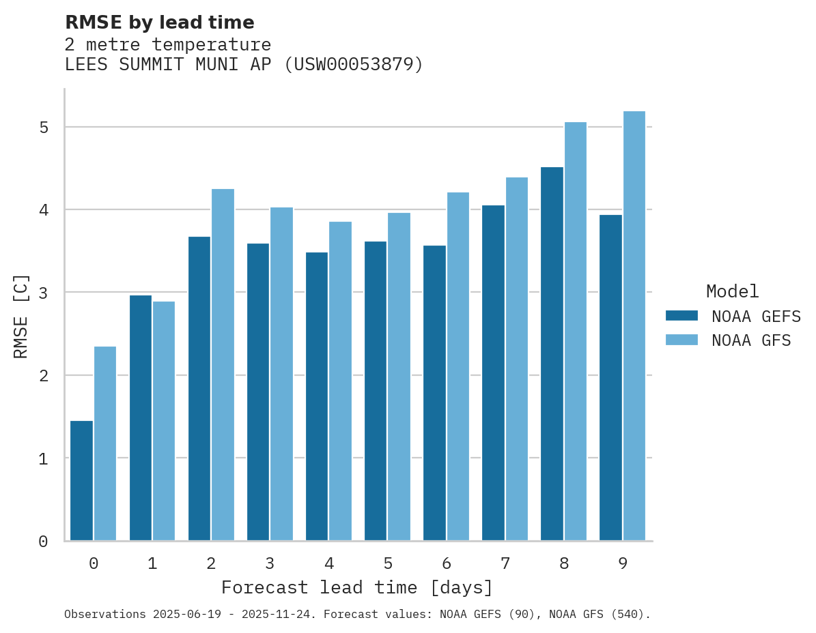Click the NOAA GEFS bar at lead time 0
pyautogui.click(x=81, y=480)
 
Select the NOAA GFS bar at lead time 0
pyautogui.click(x=105, y=443)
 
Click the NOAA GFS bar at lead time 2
pyautogui.click(x=223, y=364)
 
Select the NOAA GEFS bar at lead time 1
pyautogui.click(x=140, y=417)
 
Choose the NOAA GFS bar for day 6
pyautogui.click(x=458, y=366)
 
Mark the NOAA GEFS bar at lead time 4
pyautogui.click(x=317, y=396)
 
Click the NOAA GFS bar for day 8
pyautogui.click(x=576, y=331)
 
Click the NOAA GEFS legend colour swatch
pyautogui.click(x=681, y=316)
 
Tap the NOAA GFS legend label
pyautogui.click(x=751, y=340)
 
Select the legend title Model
pyautogui.click(x=732, y=291)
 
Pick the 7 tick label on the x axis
pyautogui.click(x=505, y=563)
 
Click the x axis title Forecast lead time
pyautogui.click(x=356, y=587)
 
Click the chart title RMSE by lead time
pyautogui.click(x=159, y=23)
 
